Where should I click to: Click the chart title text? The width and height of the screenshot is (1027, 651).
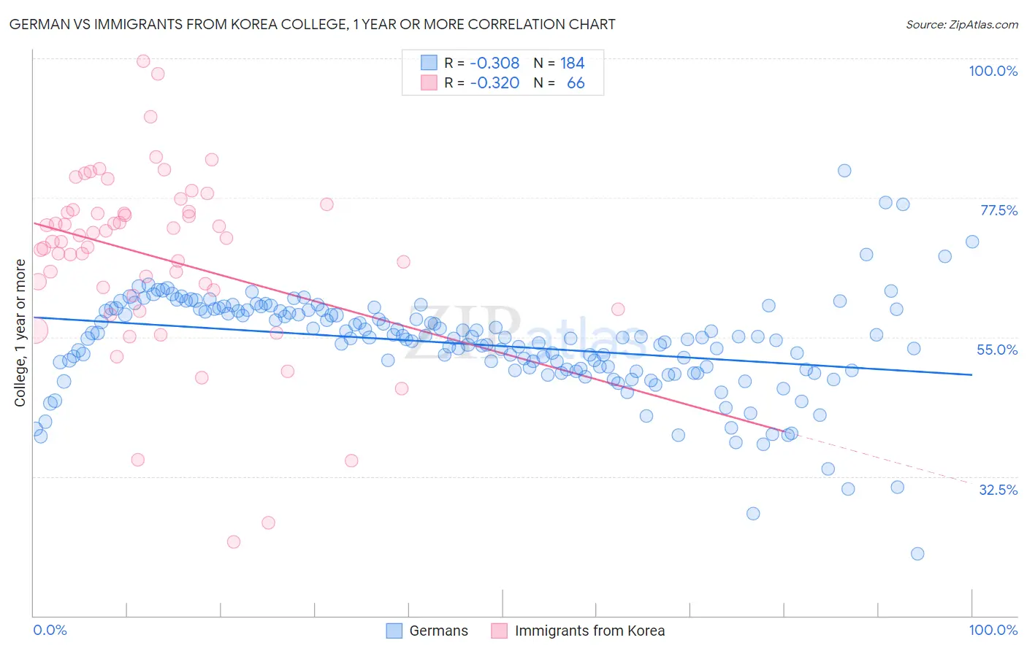(313, 24)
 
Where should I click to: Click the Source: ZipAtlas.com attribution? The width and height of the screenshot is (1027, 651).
(961, 24)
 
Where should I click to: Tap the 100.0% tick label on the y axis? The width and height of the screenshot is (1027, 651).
(993, 71)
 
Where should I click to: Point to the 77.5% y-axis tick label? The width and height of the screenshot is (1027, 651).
(999, 210)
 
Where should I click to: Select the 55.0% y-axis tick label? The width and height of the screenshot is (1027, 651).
(997, 350)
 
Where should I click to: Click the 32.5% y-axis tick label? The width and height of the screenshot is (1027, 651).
(998, 490)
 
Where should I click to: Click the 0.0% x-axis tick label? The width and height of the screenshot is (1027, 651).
(50, 630)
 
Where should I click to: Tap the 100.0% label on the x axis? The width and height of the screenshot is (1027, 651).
(993, 630)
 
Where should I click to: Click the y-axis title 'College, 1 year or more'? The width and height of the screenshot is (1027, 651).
(20, 333)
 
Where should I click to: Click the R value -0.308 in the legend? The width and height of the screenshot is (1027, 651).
(495, 63)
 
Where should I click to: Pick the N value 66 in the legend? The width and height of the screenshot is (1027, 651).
(576, 83)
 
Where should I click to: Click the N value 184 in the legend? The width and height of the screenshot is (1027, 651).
(572, 63)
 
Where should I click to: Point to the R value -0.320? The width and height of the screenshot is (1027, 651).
(495, 83)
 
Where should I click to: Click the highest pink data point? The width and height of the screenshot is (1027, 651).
(143, 61)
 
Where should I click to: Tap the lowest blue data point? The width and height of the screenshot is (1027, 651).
(917, 554)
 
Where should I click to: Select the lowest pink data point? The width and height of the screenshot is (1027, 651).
(234, 542)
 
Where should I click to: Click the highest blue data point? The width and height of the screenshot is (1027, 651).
(844, 171)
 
